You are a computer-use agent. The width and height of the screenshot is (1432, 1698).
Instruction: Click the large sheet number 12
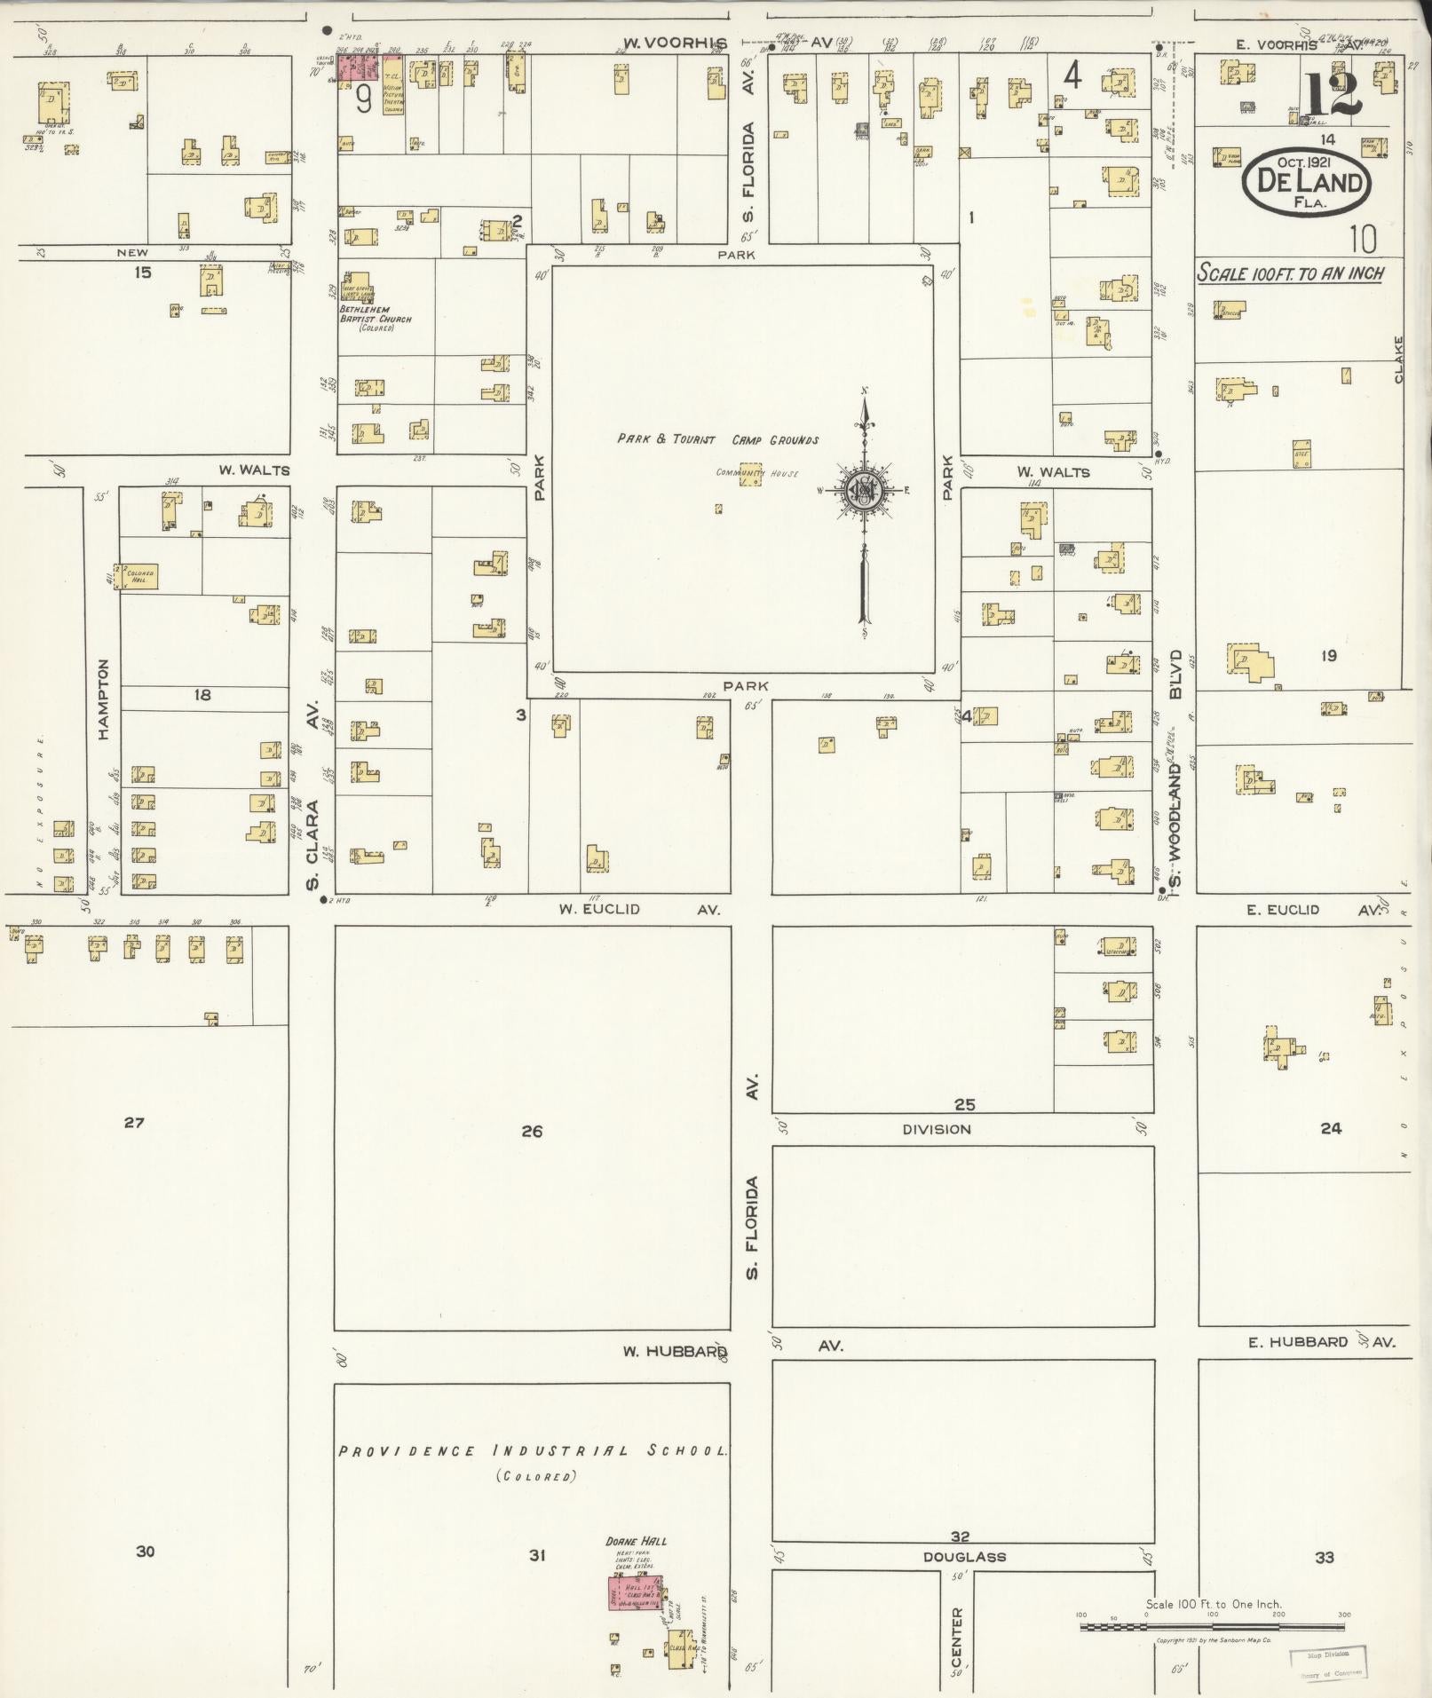pos(1333,95)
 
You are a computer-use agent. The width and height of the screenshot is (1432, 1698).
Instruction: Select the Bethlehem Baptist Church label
pos(376,314)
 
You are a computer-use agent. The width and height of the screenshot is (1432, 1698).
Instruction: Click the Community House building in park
pos(751,473)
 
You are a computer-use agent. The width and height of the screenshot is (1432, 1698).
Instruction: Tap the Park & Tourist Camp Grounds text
pos(717,439)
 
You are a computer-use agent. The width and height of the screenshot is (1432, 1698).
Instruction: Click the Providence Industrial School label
pos(533,1451)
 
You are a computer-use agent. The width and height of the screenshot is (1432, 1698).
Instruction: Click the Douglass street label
pos(964,1557)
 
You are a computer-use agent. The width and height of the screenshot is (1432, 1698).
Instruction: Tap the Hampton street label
pos(104,699)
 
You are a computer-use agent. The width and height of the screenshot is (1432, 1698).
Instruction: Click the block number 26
pos(532,1131)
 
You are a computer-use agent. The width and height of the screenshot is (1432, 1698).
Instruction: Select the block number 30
pos(146,1551)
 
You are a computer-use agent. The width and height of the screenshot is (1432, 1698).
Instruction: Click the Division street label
pos(937,1129)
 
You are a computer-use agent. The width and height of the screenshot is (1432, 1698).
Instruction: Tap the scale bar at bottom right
pos(1212,1626)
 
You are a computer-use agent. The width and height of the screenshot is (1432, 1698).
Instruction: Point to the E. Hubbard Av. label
pos(1320,1342)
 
